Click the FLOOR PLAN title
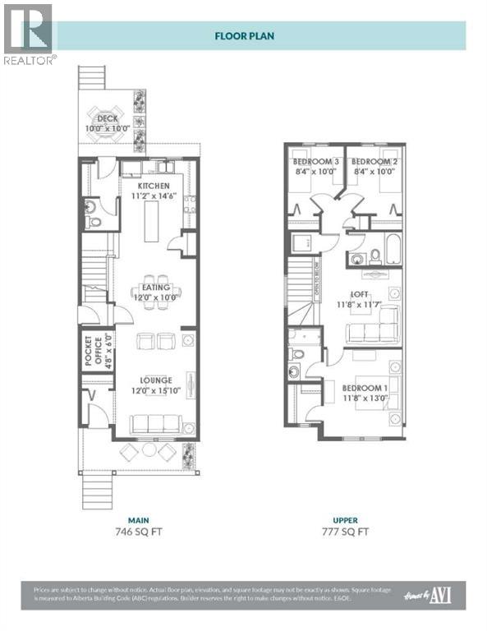click(244, 36)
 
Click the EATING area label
click(154, 288)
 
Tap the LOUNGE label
click(154, 380)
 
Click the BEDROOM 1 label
click(363, 387)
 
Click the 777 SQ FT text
click(345, 531)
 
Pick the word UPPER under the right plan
click(345, 519)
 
